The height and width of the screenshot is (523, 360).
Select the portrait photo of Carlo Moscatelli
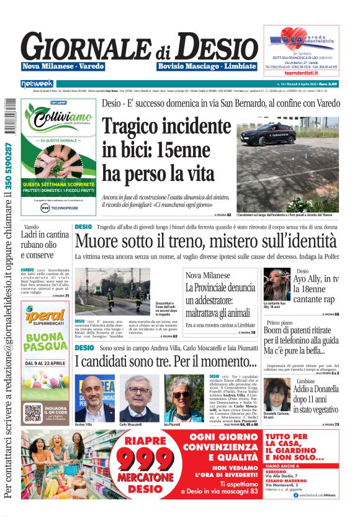click(140, 398)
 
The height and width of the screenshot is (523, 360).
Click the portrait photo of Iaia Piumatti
click(184, 398)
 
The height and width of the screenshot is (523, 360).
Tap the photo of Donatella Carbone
click(276, 394)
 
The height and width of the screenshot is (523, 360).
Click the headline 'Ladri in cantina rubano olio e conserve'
click(45, 245)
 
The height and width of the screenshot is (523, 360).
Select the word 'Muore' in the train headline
click(97, 242)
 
